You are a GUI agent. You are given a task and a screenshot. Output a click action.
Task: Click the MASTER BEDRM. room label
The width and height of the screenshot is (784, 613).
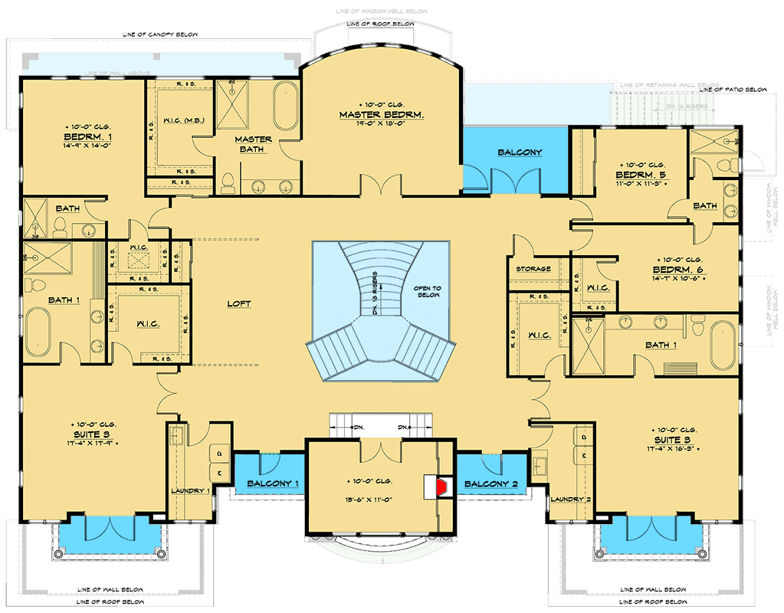point(381,115)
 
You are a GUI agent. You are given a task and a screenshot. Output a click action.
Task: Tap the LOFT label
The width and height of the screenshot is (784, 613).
point(238,304)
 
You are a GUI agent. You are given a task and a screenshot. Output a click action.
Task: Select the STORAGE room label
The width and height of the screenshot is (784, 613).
point(533,269)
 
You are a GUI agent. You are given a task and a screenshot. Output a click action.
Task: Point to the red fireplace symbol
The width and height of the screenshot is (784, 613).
point(441,485)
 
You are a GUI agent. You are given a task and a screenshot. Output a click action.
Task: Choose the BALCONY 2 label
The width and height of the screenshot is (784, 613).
point(490,484)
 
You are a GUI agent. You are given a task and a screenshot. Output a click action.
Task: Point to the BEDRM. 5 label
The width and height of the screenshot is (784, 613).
point(641,175)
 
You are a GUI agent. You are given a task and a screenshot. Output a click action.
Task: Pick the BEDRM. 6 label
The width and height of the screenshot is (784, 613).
point(677,270)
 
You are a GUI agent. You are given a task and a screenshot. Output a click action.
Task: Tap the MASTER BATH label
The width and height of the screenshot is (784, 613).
point(253,144)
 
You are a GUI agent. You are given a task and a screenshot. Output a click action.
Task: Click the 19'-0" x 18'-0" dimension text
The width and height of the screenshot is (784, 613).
point(381,126)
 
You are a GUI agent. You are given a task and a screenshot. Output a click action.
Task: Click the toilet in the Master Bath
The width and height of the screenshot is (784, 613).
point(228,182)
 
